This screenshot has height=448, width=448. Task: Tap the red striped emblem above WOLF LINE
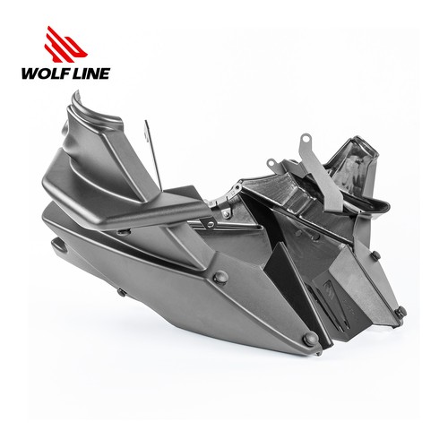click(65, 45)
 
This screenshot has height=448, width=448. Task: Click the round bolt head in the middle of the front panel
click(221, 277)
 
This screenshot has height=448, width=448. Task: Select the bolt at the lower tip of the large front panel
click(311, 339)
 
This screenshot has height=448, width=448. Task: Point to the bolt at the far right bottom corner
click(401, 312)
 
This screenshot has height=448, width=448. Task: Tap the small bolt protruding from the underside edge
click(122, 292)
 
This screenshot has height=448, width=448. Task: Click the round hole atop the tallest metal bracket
click(306, 138)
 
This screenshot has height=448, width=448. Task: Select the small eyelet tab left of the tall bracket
click(271, 162)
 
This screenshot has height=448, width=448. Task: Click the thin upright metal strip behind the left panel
click(153, 155)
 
